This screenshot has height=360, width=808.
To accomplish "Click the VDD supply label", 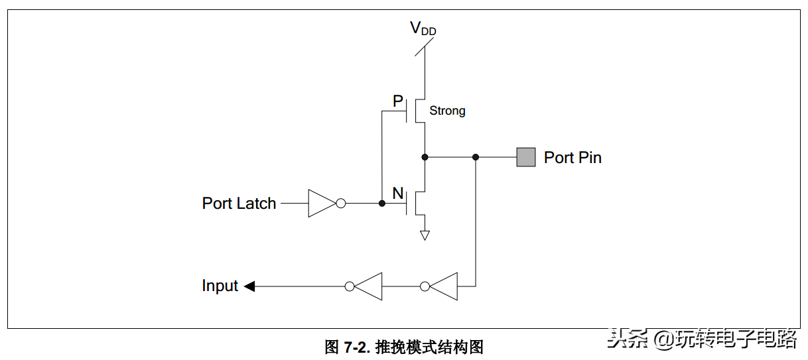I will [x=423, y=29].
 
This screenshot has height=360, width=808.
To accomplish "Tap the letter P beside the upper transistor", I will [x=398, y=101].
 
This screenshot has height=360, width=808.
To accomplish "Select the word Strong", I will [x=447, y=111].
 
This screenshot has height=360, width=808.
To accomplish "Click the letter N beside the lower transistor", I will [x=398, y=194].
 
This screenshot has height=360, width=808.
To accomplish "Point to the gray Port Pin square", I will [x=526, y=157].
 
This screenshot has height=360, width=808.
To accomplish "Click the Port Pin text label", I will [x=572, y=157].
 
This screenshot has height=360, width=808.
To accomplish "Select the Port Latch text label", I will [x=239, y=204].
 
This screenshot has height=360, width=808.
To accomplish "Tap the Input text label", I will [x=220, y=286].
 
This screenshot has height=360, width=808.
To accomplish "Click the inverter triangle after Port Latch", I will [x=321, y=204].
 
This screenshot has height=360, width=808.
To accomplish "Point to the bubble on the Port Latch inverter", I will [x=340, y=204].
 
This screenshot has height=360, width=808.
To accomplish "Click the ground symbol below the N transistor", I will [x=425, y=235].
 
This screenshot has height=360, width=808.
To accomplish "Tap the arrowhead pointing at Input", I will [x=249, y=286].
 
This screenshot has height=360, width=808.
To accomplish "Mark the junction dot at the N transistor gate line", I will [x=382, y=204].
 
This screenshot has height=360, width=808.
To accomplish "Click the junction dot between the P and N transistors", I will [x=425, y=157].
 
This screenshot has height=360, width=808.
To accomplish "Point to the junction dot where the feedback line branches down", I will [x=476, y=157].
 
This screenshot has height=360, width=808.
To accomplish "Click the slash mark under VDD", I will [x=425, y=47].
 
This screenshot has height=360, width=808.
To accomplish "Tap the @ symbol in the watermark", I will [x=663, y=339].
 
